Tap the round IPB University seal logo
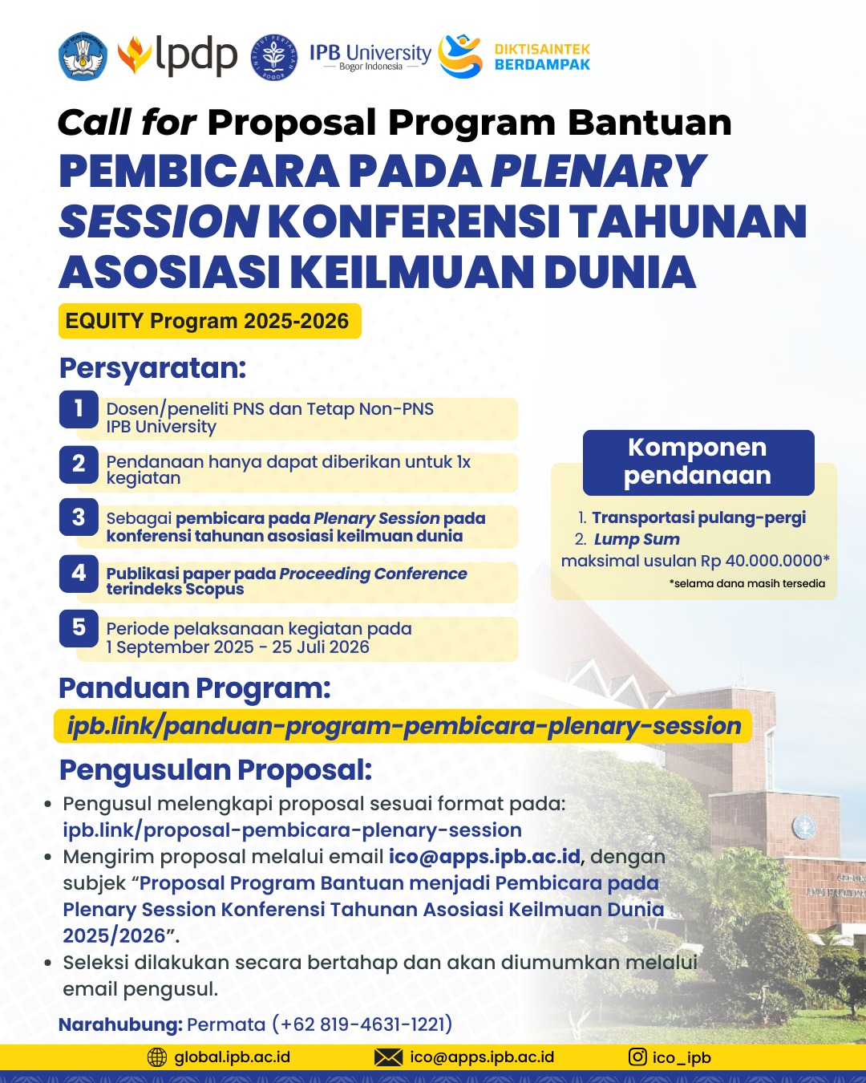point(274,57)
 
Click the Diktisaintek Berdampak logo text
point(542,57)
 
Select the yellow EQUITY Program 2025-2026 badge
point(208,321)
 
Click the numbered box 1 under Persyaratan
point(79,409)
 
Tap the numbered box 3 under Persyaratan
point(79,518)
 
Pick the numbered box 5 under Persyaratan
point(79,628)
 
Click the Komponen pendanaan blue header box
point(698,462)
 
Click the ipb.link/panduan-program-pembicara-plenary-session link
point(403,726)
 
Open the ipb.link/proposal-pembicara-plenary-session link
point(292,829)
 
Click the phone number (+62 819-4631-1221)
point(362,1024)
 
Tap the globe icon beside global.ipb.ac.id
point(157,1057)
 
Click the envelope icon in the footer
point(388,1057)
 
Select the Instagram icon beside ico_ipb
point(637,1057)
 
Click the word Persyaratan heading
point(152,368)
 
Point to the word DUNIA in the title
point(619,271)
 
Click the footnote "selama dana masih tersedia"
point(747,583)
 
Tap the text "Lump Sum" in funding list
point(637,539)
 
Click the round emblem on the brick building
point(803,825)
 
